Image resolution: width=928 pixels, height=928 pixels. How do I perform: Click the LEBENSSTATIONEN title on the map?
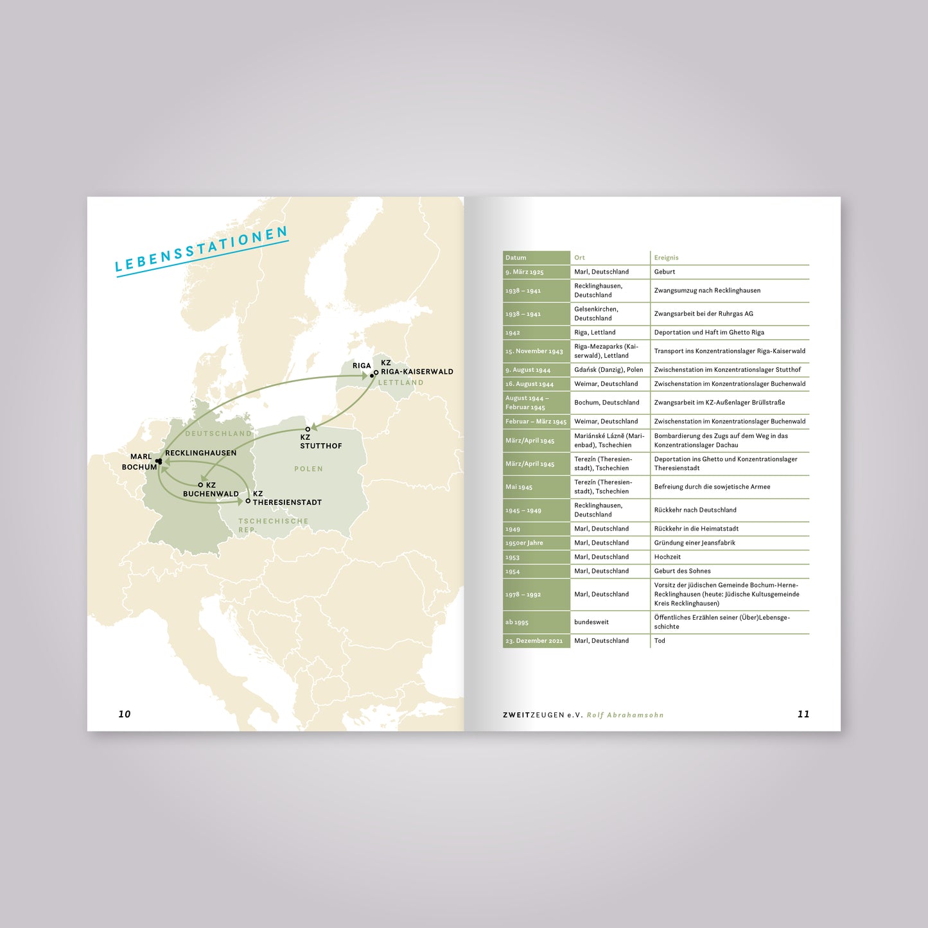coord(202,250)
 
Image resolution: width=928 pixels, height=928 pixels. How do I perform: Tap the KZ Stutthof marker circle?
coord(308,429)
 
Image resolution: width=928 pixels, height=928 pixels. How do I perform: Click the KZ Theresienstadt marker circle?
coord(248,501)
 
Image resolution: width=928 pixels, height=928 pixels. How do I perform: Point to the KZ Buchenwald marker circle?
coord(200,486)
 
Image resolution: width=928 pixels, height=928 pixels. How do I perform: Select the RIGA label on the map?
coord(362,366)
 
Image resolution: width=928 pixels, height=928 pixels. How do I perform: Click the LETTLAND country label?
coord(401,383)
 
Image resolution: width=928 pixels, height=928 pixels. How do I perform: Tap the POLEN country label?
coord(308,469)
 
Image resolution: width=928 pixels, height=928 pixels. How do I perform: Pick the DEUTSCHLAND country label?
coord(218,434)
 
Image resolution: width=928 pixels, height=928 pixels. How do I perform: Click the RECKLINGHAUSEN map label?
coord(200,453)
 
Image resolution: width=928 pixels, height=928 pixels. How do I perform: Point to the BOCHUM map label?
coord(139,467)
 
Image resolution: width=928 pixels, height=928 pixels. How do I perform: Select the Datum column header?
coord(516,258)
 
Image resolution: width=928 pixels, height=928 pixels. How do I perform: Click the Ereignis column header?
coord(666,258)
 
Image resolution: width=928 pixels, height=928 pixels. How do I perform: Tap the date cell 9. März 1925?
coord(524,272)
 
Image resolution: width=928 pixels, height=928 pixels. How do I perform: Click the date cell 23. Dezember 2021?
coord(534,641)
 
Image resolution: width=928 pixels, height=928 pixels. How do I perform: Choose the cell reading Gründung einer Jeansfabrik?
coord(694,543)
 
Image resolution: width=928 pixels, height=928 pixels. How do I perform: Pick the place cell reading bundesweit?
coord(591,622)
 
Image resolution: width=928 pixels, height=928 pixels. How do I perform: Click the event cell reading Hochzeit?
coord(667,557)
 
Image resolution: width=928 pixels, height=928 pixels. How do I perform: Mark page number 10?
coord(125,714)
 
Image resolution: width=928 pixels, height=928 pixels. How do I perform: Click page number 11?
coord(803,714)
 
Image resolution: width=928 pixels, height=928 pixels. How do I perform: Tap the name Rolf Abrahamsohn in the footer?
coord(625,715)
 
